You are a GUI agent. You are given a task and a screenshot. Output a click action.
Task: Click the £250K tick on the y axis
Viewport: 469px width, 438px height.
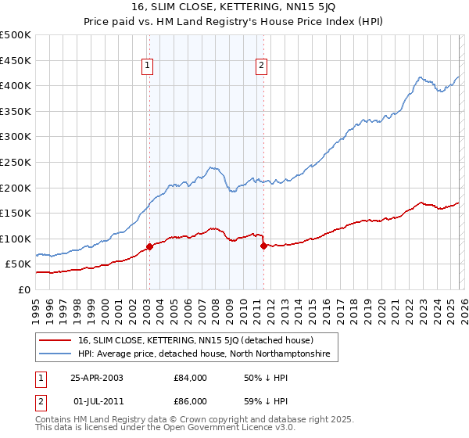16,162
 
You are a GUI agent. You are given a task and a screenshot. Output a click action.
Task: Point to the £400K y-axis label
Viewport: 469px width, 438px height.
16,85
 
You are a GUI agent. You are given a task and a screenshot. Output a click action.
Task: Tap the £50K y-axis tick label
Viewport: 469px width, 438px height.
19,264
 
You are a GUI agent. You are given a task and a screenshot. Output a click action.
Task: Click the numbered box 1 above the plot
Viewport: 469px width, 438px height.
147,66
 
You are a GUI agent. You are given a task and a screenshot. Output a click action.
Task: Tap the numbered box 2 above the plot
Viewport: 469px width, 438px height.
260,66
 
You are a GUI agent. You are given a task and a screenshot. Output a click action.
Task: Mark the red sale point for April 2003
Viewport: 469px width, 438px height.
149,247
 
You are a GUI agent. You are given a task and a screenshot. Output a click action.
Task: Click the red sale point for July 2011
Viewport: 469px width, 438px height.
263,246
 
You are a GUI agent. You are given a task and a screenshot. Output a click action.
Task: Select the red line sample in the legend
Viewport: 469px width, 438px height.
56,341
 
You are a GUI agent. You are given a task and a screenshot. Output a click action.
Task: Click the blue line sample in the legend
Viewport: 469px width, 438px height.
56,354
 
